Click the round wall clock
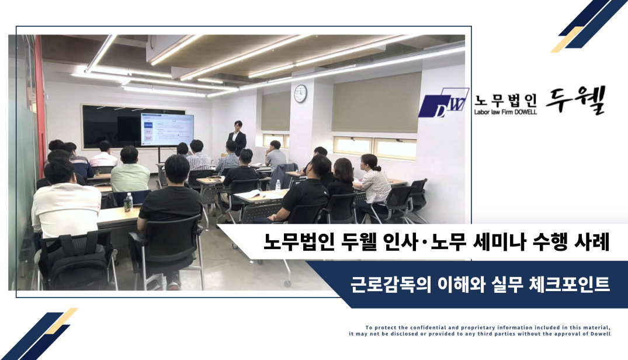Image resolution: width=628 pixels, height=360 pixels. click(300, 94)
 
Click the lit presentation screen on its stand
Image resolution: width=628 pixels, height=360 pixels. click(167, 129)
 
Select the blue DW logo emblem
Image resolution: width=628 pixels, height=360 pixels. click(443, 103)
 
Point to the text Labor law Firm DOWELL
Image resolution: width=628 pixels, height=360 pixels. click(505, 112)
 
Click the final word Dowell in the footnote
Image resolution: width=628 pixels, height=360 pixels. click(601, 334)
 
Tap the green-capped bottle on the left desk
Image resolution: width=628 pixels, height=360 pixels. click(128, 202)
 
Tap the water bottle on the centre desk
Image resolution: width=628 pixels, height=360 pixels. click(278, 185)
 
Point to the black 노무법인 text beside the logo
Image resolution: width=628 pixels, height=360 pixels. click(505, 100)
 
